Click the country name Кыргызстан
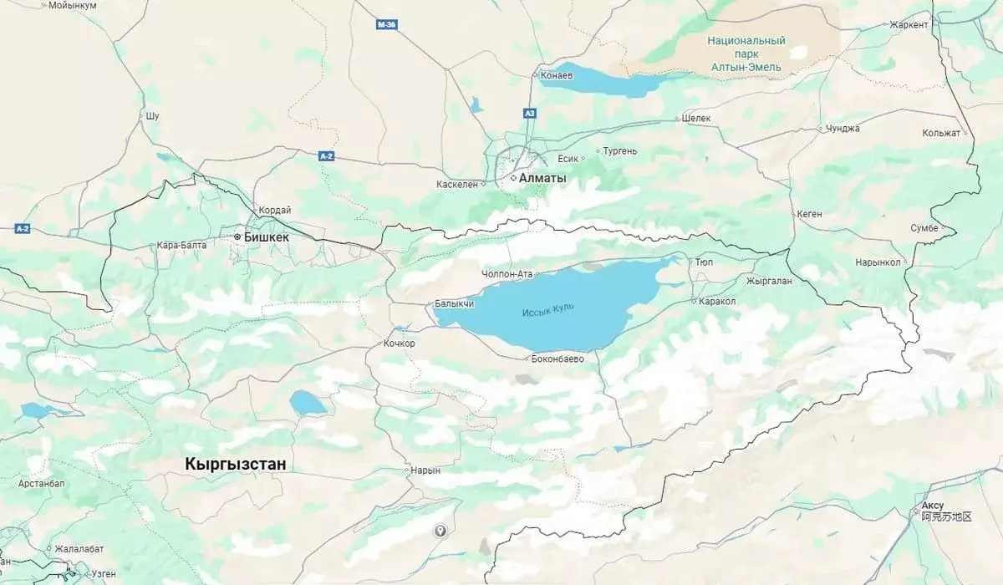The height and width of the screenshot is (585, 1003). pos(236,463)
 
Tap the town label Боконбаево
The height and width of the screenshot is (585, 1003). pos(558,359)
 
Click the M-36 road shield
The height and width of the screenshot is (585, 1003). pos(386,25)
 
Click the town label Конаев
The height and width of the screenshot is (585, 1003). pos(557,75)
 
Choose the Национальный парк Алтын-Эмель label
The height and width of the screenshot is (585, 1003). pos(746,53)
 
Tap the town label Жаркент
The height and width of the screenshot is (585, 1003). pos(909,25)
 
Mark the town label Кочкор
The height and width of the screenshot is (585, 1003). pos(399,343)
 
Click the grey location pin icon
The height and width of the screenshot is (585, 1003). pos(440,531)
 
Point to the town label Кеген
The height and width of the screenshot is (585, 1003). pos(808,214)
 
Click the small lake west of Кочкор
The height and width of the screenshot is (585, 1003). pos(308,403)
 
